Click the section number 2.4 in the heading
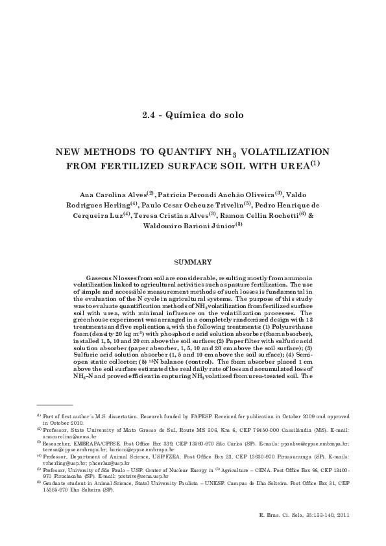pyautogui.click(x=150, y=116)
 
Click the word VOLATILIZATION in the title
pyautogui.click(x=283, y=152)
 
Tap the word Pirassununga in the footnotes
pyautogui.click(x=289, y=456)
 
